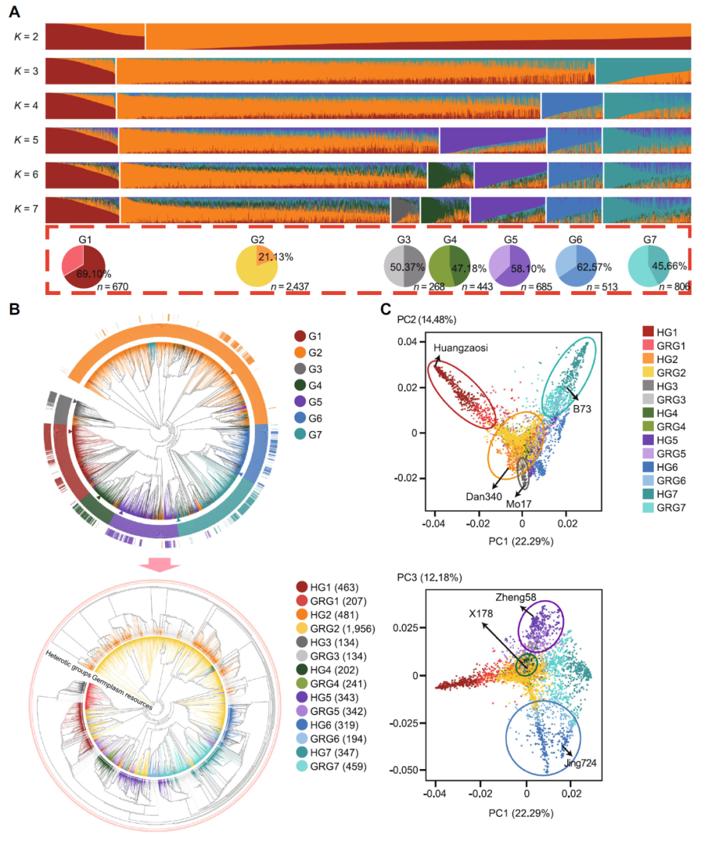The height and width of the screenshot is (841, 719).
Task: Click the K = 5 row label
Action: click(26, 140)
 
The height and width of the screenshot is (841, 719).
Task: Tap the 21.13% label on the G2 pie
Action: click(276, 257)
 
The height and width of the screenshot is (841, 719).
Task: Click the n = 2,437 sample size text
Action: click(290, 287)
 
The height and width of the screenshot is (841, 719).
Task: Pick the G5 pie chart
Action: click(509, 266)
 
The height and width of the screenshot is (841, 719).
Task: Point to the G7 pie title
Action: click(650, 240)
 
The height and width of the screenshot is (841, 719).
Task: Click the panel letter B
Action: click(14, 309)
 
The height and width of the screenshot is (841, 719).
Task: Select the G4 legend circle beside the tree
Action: click(300, 386)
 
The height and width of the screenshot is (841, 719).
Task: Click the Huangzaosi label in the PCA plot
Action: click(461, 348)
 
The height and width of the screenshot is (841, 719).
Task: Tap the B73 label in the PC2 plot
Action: click(582, 409)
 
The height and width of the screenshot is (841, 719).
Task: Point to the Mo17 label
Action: click(519, 504)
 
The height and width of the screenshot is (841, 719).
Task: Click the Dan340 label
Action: click(484, 496)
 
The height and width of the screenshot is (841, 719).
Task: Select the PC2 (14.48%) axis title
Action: click(427, 320)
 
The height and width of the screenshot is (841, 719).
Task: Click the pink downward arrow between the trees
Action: click(160, 565)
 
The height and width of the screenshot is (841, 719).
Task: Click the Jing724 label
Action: click(580, 763)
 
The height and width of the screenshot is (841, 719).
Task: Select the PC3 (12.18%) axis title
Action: click(429, 577)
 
